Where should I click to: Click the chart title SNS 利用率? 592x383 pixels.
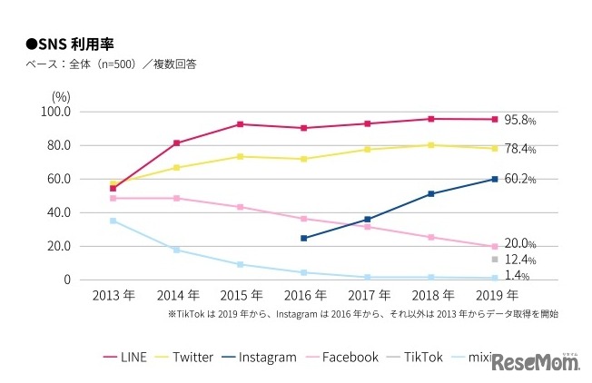74,44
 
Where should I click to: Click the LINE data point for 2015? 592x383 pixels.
240,124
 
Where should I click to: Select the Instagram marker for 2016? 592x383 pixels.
303,239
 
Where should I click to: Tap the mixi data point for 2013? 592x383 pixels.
113,221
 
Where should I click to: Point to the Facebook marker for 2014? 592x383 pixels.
176,198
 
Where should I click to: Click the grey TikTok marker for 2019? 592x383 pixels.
495,260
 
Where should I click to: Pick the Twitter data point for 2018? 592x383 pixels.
431,145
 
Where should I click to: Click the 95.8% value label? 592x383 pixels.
520,120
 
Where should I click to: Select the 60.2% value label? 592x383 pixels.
520,180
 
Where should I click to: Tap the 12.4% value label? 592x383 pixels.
520,260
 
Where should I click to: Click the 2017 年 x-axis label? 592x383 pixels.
368,296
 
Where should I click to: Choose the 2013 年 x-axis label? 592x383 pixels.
113,296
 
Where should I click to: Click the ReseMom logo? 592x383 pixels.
538,361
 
